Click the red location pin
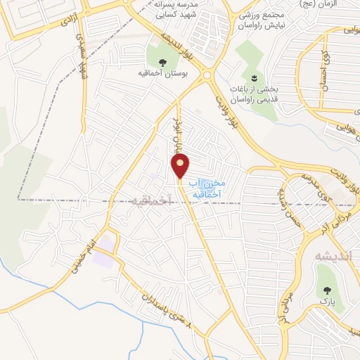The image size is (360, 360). click(x=181, y=166)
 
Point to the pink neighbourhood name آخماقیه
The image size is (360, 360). click(x=151, y=200)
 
